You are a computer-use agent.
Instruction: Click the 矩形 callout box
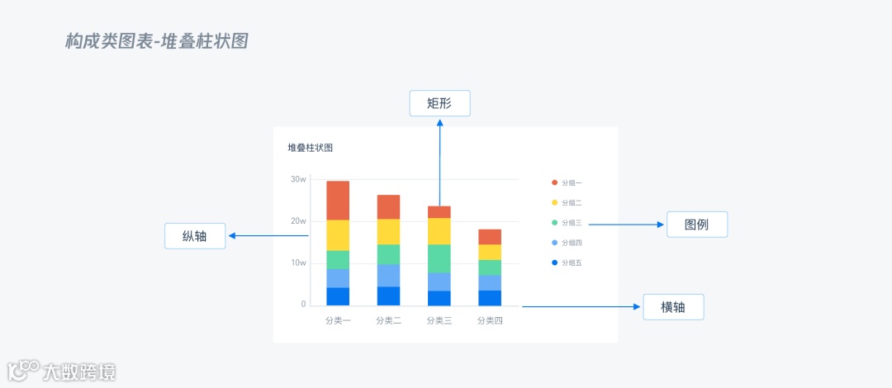[x=439, y=103]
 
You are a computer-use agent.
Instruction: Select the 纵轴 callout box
[x=195, y=236]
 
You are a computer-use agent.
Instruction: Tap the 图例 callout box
[x=697, y=225]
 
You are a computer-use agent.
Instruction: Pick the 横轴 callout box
[x=673, y=306]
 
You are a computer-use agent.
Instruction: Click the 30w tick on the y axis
[x=298, y=179]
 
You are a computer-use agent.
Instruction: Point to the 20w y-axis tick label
[x=298, y=221]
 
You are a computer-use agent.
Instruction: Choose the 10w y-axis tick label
[x=298, y=263]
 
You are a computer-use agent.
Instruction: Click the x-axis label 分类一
[x=338, y=320]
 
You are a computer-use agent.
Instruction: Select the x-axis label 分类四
[x=490, y=320]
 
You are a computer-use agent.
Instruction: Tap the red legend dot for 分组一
[x=554, y=182]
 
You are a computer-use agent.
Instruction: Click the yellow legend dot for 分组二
[x=554, y=202]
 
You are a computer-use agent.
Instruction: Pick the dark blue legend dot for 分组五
[x=554, y=263]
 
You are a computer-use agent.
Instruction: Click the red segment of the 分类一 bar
[x=338, y=200]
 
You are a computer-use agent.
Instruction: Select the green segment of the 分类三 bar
[x=439, y=258]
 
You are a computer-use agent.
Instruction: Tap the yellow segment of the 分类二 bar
[x=388, y=232]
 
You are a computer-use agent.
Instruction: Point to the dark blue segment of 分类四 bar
[x=490, y=298]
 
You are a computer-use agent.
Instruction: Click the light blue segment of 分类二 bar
[x=388, y=275]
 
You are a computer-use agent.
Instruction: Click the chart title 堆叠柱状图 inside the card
[x=310, y=148]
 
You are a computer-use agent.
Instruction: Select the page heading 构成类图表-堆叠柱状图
[x=157, y=41]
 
